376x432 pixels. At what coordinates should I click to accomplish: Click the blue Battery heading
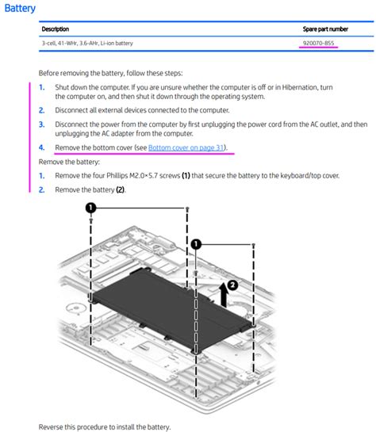pyautogui.click(x=20, y=8)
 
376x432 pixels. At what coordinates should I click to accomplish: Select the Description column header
pyautogui.click(x=56, y=29)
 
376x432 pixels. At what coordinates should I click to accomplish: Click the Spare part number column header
pyautogui.click(x=325, y=29)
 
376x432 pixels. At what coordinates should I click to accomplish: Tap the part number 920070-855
pyautogui.click(x=318, y=44)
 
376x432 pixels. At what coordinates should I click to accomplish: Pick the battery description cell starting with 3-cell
pyautogui.click(x=87, y=44)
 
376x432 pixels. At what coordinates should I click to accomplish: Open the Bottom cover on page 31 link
pyautogui.click(x=186, y=148)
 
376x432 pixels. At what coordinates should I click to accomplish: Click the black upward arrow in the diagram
pyautogui.click(x=224, y=296)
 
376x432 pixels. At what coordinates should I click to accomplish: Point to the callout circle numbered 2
pyautogui.click(x=233, y=285)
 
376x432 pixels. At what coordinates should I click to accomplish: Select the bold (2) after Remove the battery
pyautogui.click(x=121, y=190)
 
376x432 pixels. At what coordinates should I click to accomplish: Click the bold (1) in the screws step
pyautogui.click(x=186, y=176)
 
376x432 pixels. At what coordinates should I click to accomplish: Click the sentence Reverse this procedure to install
pyautogui.click(x=105, y=427)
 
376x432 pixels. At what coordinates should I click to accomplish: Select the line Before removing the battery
pyautogui.click(x=110, y=74)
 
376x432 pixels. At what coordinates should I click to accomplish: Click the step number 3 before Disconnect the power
pyautogui.click(x=41, y=124)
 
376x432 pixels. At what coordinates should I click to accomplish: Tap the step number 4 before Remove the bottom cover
pyautogui.click(x=41, y=148)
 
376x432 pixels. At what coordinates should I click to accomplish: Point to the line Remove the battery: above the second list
pyautogui.click(x=69, y=162)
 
